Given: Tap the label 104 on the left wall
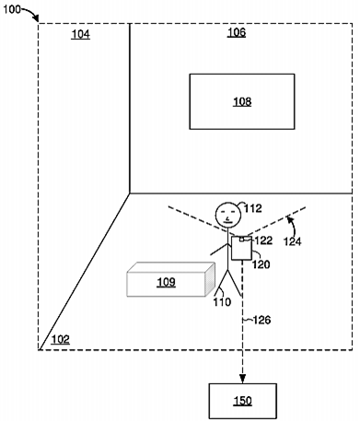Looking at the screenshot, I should (x=81, y=34).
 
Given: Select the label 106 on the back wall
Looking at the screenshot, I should (x=236, y=33).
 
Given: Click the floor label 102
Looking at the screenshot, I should (x=59, y=339).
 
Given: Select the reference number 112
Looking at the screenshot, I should (x=252, y=208).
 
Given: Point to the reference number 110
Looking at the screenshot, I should (x=223, y=301).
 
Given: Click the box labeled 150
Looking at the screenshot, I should (x=242, y=401).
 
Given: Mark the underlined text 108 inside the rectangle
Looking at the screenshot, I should (x=241, y=101).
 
